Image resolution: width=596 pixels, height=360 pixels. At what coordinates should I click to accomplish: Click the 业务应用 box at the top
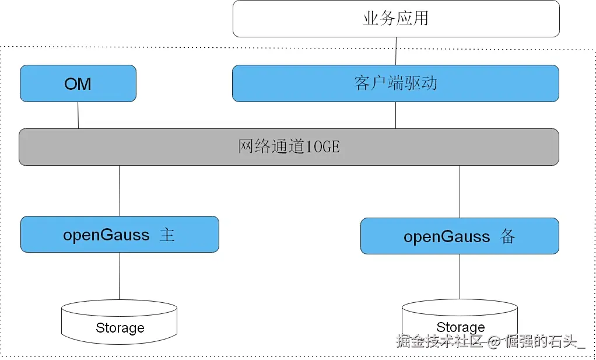tap(396, 19)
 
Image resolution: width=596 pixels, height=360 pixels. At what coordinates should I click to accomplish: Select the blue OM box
tap(78, 83)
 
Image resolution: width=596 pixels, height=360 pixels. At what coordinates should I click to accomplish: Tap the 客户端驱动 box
tap(395, 83)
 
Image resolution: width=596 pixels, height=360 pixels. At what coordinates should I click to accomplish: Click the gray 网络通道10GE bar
tap(289, 146)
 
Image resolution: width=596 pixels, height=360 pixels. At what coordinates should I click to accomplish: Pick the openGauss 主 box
tap(120, 235)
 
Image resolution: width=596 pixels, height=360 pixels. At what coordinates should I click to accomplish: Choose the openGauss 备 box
tap(460, 236)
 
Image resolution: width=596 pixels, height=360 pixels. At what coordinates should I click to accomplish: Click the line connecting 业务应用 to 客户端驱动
tap(397, 51)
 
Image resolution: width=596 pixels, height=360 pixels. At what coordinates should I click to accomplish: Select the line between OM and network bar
tap(78, 116)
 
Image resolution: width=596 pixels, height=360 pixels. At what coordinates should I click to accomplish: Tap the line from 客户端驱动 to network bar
tap(396, 116)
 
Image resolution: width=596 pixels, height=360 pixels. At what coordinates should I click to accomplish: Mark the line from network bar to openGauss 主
tap(120, 191)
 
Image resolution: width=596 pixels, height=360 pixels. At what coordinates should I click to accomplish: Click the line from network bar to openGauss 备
tap(460, 191)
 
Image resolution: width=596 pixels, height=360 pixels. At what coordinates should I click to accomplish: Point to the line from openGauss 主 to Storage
tap(120, 276)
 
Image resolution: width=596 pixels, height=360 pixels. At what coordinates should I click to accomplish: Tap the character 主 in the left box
tap(167, 235)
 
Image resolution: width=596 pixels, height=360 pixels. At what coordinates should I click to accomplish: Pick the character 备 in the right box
tap(507, 236)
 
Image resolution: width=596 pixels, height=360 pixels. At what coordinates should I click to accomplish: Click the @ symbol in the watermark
tap(495, 341)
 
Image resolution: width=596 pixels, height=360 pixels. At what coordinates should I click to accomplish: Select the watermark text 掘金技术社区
tap(440, 341)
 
